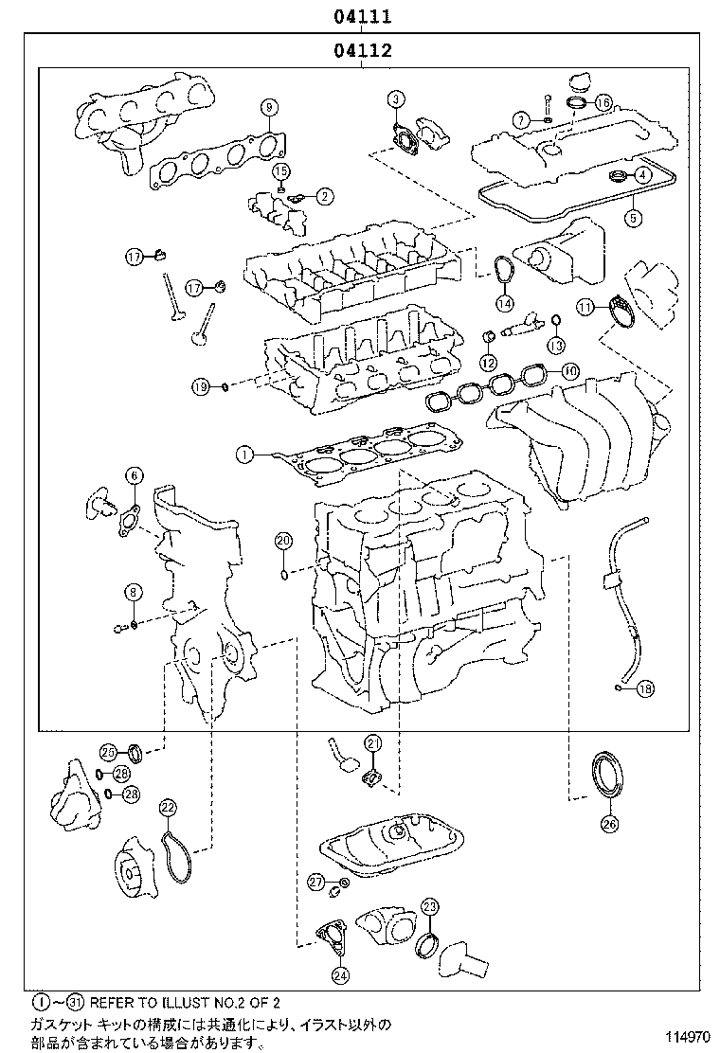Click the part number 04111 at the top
(362, 16)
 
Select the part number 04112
(362, 51)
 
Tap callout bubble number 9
(268, 106)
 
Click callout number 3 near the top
(396, 98)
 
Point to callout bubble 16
(603, 100)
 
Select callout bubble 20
(283, 541)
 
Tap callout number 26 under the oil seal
(608, 824)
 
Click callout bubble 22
(167, 807)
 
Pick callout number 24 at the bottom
(339, 974)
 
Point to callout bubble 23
(429, 907)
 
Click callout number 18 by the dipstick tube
(644, 689)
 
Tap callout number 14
(504, 303)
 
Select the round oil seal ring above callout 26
(606, 769)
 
